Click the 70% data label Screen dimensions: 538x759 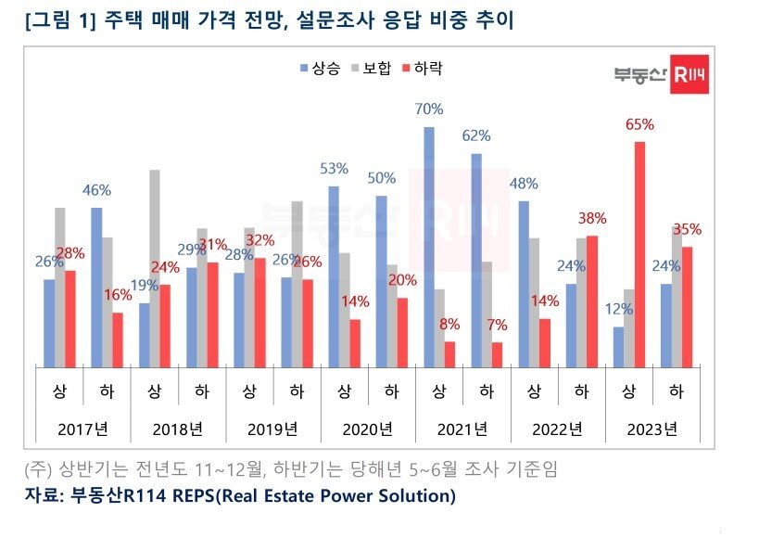pos(428,109)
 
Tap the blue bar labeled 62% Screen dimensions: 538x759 pos(476,260)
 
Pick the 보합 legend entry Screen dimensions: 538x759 pos(371,68)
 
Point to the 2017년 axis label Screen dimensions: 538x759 pos(82,429)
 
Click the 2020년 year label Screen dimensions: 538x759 pos(368,429)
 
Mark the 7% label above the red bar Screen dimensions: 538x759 pos(498,326)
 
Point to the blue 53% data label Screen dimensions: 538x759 pos(333,169)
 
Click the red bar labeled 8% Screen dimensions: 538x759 pos(450,353)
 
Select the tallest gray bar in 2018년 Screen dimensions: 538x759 pos(154,268)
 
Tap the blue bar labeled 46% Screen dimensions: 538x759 pos(95,287)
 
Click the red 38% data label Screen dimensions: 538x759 pos(591,219)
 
